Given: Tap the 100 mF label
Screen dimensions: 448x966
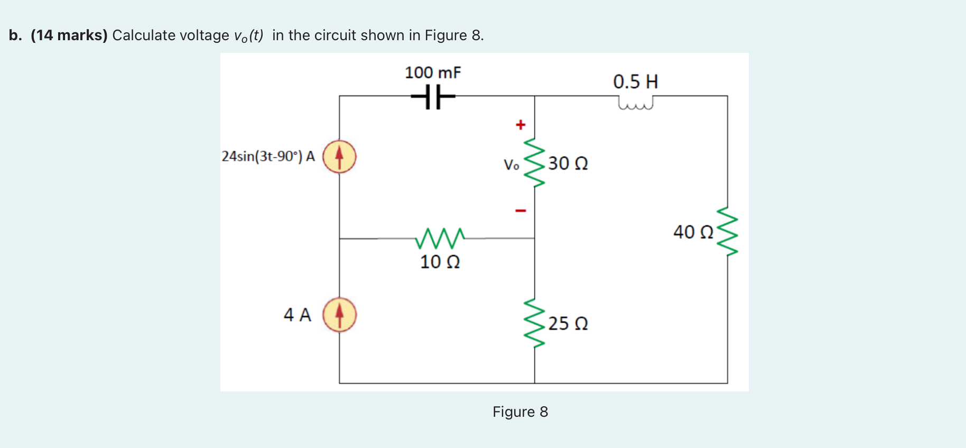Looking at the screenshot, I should click(433, 72).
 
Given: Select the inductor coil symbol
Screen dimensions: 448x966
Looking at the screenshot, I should click(635, 103).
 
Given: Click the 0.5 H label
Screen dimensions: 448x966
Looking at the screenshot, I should click(635, 81).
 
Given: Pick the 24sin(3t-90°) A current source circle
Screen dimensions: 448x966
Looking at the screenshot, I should click(339, 157).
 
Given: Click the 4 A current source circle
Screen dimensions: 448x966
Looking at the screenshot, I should click(339, 315).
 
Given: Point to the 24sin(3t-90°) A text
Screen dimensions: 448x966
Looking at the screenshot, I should click(268, 157).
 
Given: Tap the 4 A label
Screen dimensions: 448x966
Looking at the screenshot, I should click(297, 315).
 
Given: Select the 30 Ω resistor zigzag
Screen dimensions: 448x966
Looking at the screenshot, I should click(534, 162).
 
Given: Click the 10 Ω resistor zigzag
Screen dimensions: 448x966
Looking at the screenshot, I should click(440, 239).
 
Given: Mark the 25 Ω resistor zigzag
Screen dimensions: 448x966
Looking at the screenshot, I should click(534, 322).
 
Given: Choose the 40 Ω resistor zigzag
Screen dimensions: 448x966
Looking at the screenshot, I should click(728, 231).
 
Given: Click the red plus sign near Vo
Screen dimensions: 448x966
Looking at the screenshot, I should click(521, 125).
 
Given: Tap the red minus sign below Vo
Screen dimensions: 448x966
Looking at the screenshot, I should click(521, 211).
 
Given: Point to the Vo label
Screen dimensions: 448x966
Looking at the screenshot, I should click(511, 165).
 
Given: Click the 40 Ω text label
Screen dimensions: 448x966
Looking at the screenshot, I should click(693, 232).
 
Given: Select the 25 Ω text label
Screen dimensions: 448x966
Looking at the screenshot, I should click(568, 323).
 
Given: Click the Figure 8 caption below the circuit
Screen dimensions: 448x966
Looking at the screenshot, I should click(520, 412).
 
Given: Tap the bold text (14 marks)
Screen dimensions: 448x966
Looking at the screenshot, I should click(69, 35).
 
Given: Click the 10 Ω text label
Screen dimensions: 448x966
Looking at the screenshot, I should click(440, 262).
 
